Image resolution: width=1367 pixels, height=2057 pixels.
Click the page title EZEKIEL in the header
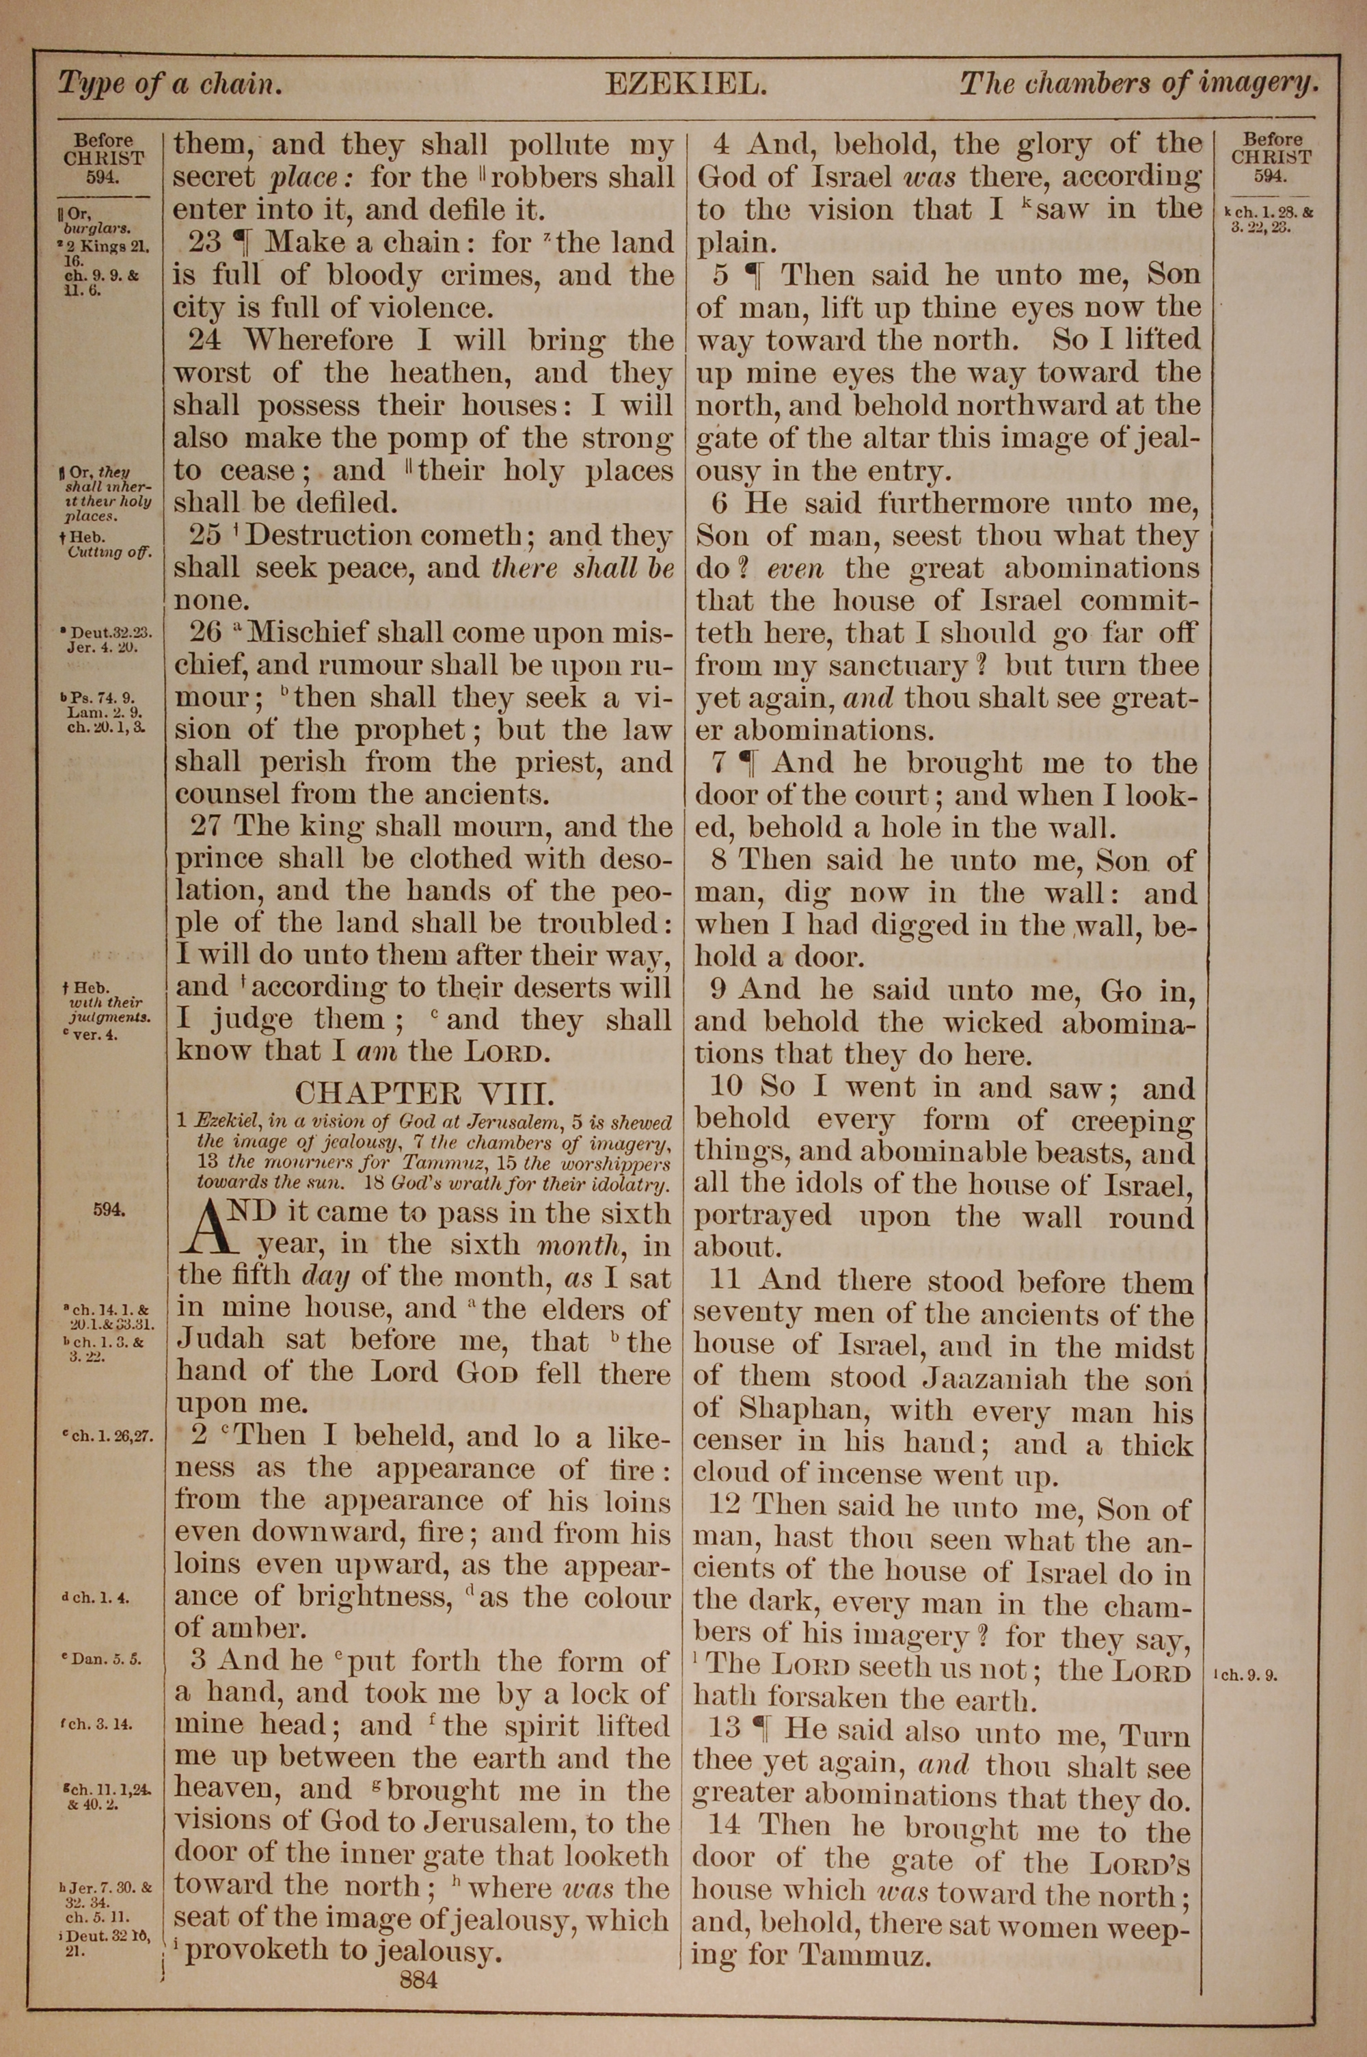pyautogui.click(x=686, y=85)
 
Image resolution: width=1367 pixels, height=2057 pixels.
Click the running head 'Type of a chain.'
pyautogui.click(x=170, y=85)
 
